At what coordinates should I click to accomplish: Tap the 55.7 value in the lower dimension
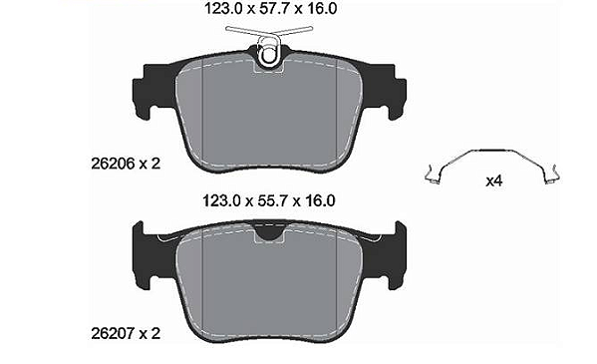(274, 200)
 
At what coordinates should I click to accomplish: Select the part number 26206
(113, 164)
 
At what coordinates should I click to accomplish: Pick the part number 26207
(113, 333)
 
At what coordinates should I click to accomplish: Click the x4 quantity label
(493, 182)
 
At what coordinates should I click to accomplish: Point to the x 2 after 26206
(149, 164)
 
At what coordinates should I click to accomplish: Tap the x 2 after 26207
(149, 333)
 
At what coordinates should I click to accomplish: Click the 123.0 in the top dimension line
(223, 8)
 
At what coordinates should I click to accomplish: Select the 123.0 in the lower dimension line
(221, 200)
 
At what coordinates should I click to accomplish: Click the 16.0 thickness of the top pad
(323, 8)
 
